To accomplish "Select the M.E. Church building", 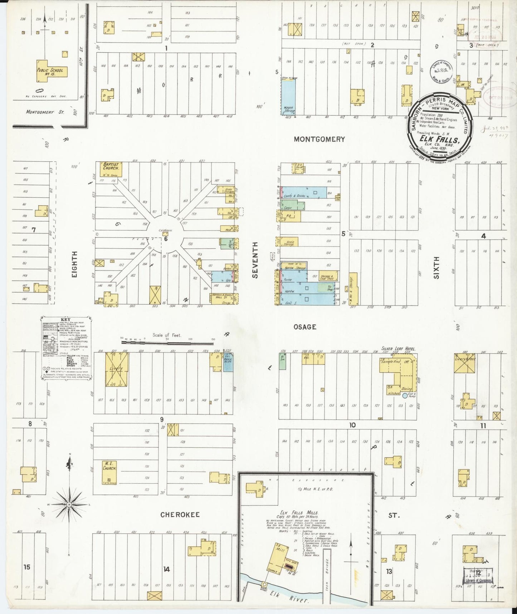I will tap(109, 471).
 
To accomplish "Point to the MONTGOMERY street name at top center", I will tap(319, 139).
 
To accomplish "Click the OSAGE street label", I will tap(305, 327).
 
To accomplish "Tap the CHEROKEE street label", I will tap(180, 515).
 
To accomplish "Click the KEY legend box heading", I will tap(66, 320).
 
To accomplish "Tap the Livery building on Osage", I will tap(117, 369).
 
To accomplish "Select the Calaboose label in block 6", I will tap(166, 230).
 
